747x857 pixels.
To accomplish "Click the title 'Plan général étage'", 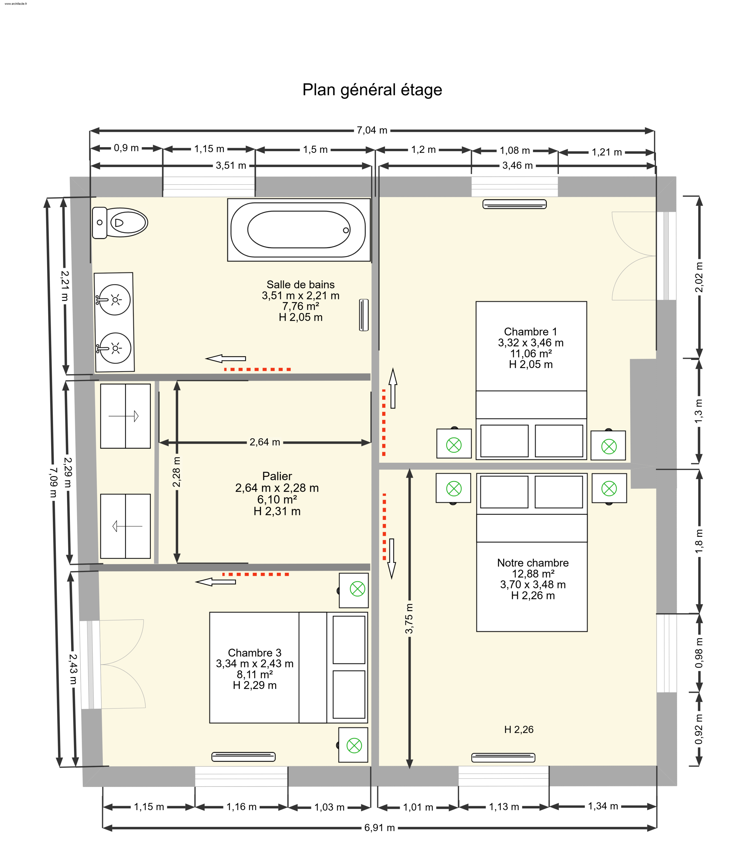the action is click(x=372, y=90).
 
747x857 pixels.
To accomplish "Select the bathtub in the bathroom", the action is click(x=299, y=230).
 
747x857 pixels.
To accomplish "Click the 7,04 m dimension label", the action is click(x=372, y=131).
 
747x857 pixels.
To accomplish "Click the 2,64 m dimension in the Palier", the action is click(x=265, y=442).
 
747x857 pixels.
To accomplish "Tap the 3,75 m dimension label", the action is click(x=409, y=618).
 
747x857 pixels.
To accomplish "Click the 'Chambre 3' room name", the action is click(x=255, y=653).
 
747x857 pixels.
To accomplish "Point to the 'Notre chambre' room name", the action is click(x=533, y=563).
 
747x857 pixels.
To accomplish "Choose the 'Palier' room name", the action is click(x=277, y=476).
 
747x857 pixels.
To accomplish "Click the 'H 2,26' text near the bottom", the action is click(x=519, y=729).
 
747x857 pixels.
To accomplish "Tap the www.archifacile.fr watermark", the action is click(x=16, y=4).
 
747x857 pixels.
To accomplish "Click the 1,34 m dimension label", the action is click(x=603, y=806).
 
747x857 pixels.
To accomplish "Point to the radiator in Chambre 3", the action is click(x=243, y=757).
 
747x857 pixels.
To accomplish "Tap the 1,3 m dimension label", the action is click(x=699, y=411).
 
